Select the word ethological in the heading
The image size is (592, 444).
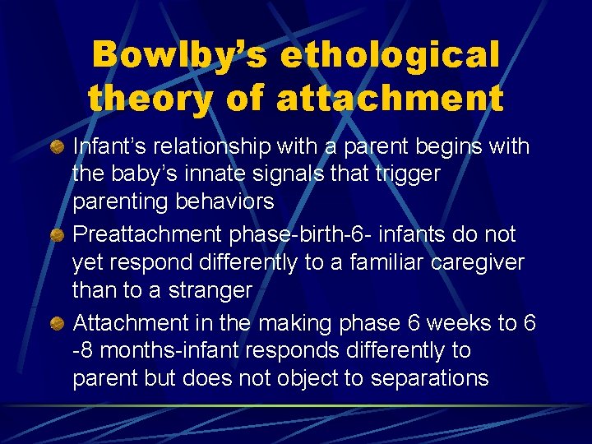(x=390, y=56)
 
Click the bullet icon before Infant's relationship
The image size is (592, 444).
(x=57, y=147)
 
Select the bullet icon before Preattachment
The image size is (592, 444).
(x=57, y=234)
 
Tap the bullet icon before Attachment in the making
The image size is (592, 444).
(x=57, y=323)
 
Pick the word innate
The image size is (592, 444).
(x=232, y=175)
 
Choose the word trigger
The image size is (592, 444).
(x=412, y=175)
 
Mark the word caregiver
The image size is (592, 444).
(x=478, y=262)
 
